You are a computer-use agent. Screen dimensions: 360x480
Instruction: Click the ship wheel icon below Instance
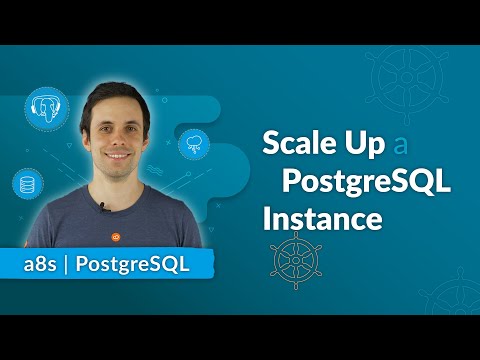coord(292,257)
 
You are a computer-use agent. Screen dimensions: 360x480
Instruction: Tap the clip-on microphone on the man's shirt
coord(103,207)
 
